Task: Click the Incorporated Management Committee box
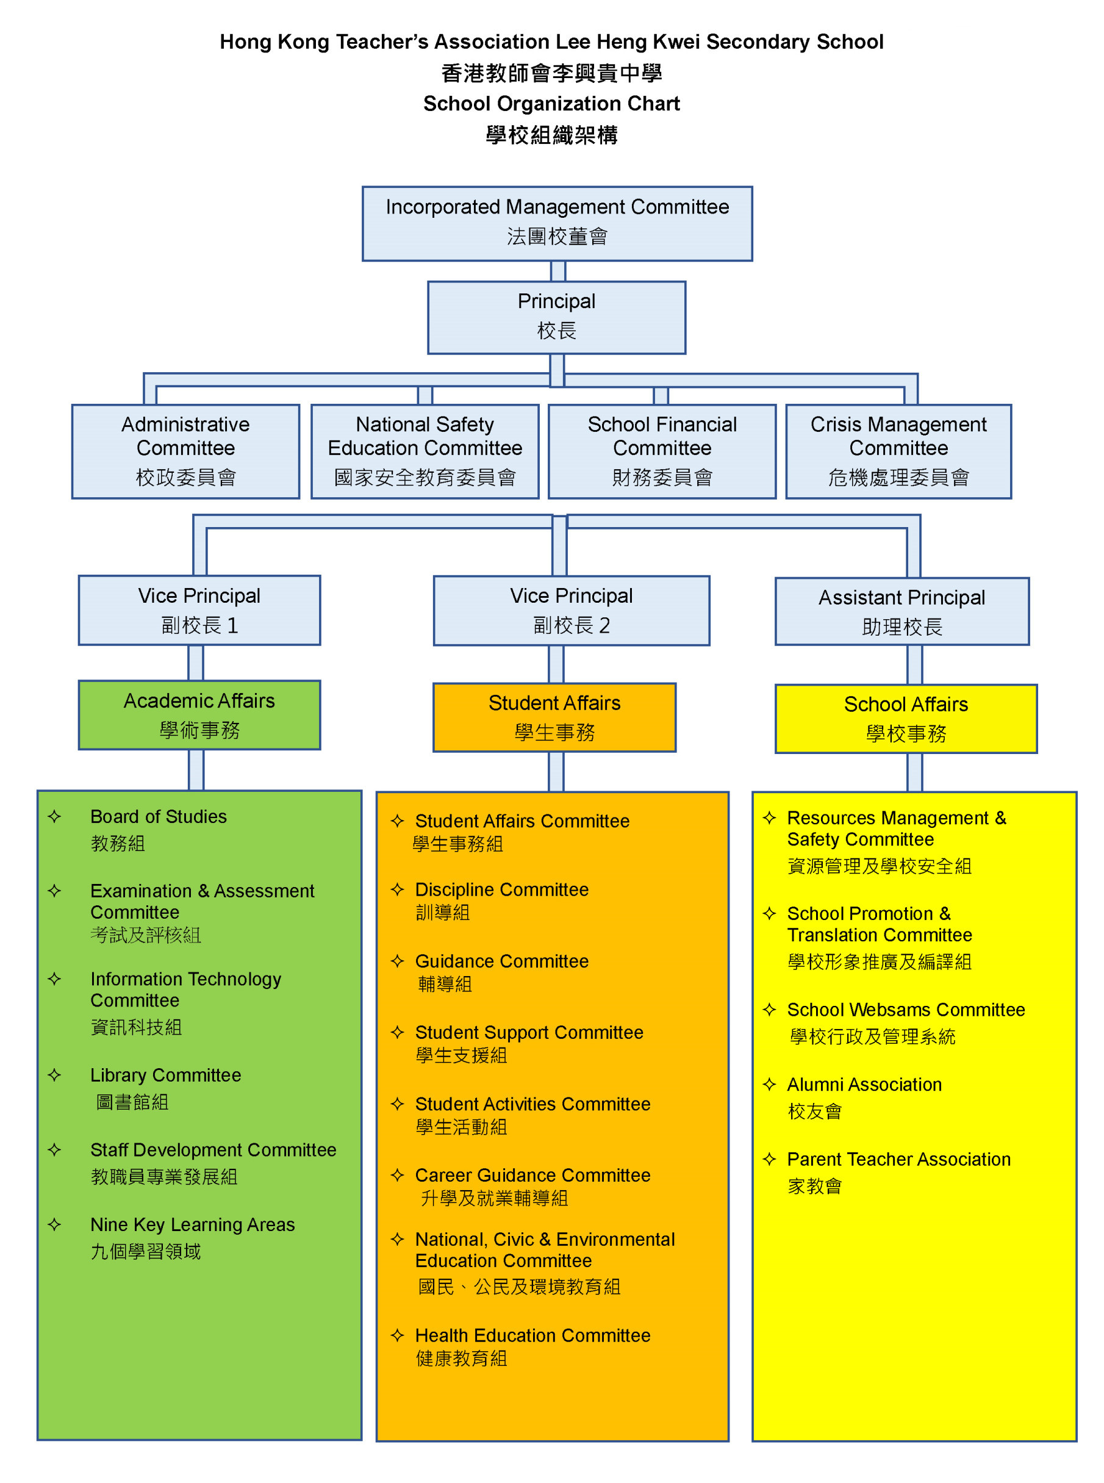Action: pyautogui.click(x=557, y=223)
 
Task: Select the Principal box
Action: pyautogui.click(x=557, y=317)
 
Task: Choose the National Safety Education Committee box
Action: pyautogui.click(x=425, y=451)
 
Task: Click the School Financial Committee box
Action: pyautogui.click(x=662, y=451)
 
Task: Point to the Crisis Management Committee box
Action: pyautogui.click(x=898, y=451)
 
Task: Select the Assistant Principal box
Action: pyautogui.click(x=901, y=611)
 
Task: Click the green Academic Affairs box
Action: pyautogui.click(x=199, y=714)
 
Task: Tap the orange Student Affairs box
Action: pyautogui.click(x=554, y=717)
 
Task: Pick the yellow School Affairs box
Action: pyautogui.click(x=906, y=719)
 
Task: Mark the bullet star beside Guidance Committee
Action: pyautogui.click(x=398, y=961)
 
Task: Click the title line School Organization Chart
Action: pyautogui.click(x=551, y=104)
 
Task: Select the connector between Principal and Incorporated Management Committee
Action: pyautogui.click(x=558, y=271)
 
